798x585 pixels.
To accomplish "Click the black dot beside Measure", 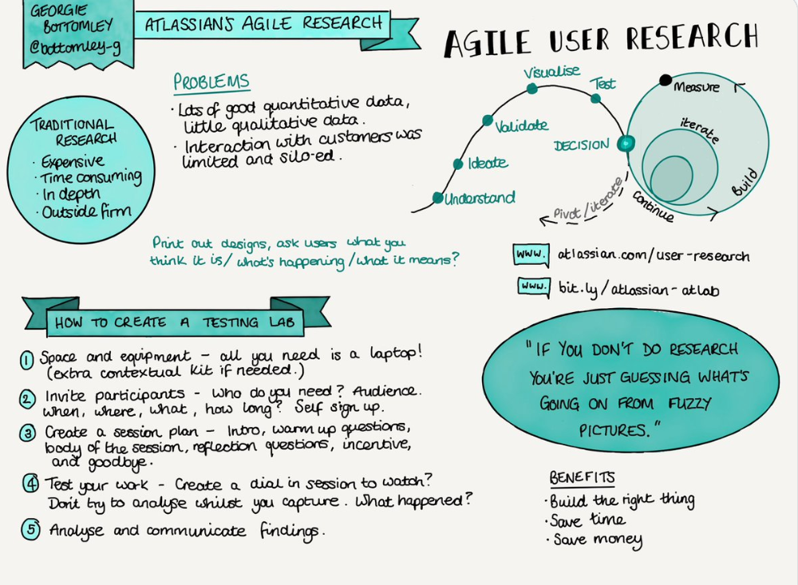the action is [665, 79].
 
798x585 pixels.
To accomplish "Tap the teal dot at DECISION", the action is [625, 144].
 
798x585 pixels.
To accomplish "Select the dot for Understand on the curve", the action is [437, 197].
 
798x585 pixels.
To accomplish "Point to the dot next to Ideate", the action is [458, 164].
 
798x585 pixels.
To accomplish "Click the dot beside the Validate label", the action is [486, 121].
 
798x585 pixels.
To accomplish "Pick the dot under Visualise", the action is [532, 87].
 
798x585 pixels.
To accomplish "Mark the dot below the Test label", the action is [595, 98].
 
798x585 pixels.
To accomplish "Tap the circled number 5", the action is [30, 530].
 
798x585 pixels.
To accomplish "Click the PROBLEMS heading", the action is [211, 82].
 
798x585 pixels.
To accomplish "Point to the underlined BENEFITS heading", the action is [582, 477].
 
